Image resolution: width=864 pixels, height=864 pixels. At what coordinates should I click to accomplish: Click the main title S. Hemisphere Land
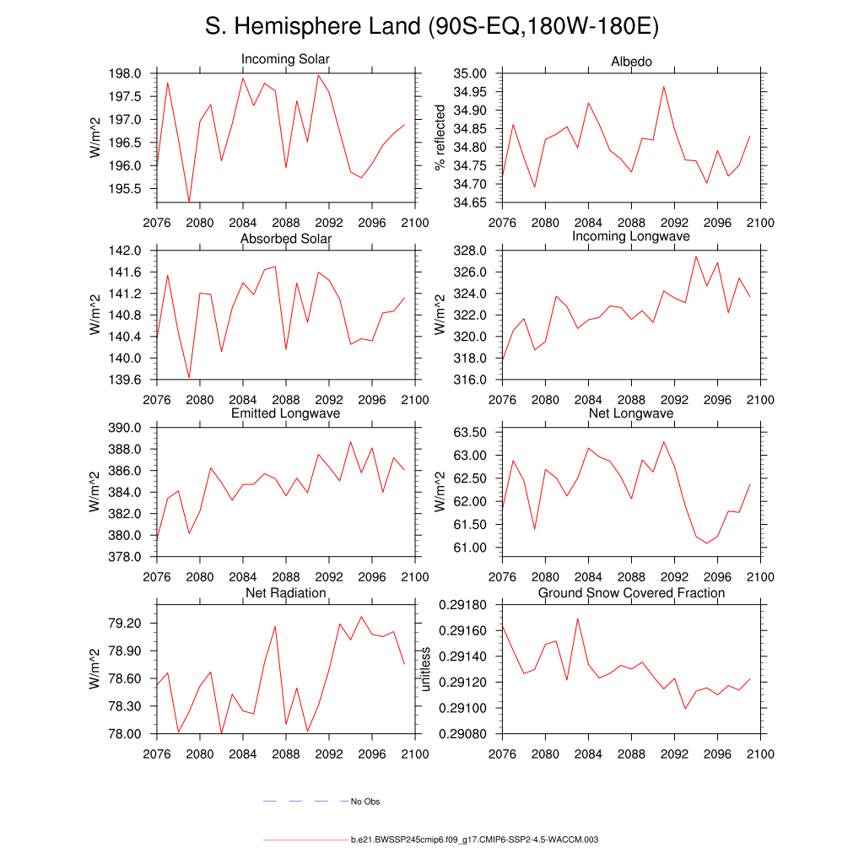(431, 27)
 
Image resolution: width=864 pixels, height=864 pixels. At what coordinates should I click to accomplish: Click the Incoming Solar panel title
(285, 60)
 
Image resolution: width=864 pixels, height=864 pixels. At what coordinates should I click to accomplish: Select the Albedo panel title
(631, 62)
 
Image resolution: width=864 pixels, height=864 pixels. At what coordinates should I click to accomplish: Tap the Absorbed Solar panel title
(285, 239)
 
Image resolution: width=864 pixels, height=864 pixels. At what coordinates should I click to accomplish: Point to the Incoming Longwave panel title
(631, 236)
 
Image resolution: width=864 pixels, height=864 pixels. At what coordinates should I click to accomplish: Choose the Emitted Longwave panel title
(285, 413)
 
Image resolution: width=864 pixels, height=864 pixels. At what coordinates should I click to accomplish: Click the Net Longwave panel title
(631, 413)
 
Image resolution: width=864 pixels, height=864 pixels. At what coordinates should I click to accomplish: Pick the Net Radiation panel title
(285, 593)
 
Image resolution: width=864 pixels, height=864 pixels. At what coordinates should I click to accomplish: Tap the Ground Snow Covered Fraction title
(631, 593)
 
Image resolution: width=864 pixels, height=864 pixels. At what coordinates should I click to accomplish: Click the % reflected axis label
(440, 138)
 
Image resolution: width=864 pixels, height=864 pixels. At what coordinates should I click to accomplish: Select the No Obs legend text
(365, 802)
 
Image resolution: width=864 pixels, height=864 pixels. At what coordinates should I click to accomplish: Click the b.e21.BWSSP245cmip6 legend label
(474, 840)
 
